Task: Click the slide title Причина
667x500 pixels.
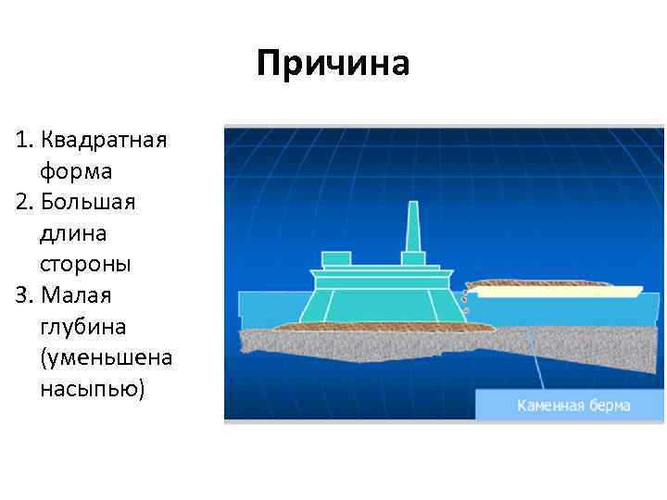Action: pos(333,64)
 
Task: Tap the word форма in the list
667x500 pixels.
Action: pos(76,171)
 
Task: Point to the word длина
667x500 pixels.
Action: pos(74,233)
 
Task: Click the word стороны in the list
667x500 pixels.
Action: pos(85,264)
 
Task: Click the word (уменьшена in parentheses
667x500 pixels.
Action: pos(106,357)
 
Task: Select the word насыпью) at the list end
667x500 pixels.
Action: pos(93,389)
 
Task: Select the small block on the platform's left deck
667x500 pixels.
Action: pos(335,258)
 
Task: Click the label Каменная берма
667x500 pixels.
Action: pos(573,406)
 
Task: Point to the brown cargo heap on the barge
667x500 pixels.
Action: pos(537,282)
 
